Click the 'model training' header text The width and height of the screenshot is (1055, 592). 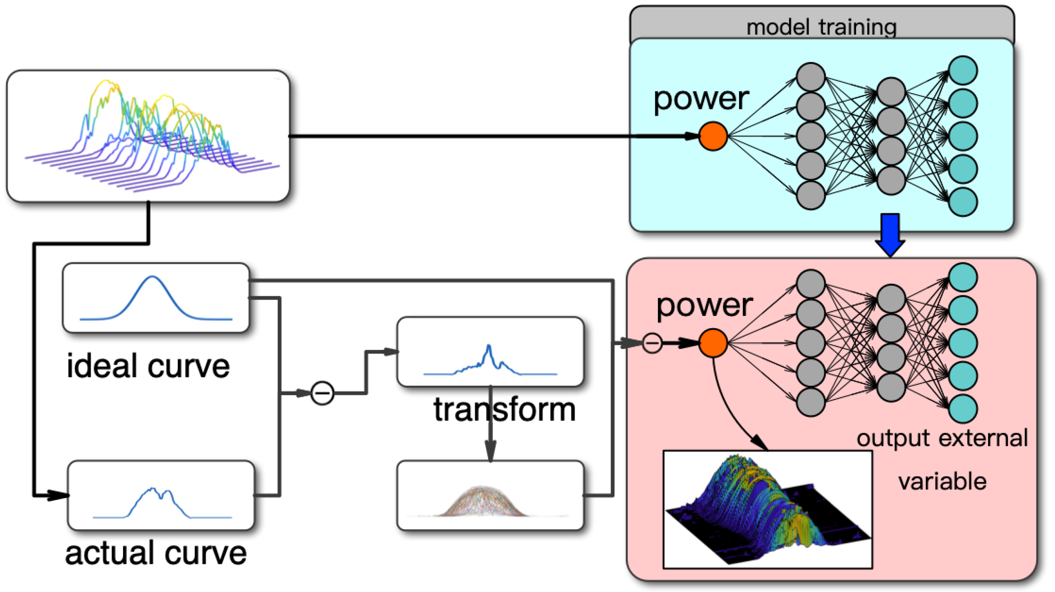coord(821,27)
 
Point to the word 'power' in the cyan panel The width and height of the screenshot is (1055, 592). coord(701,100)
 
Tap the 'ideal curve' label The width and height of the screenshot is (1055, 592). coord(148,366)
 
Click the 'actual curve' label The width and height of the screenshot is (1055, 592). coord(156,553)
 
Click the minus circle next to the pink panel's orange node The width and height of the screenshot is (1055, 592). coord(652,343)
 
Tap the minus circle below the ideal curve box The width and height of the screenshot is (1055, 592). coord(322,393)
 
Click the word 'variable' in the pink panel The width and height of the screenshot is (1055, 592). coord(942,481)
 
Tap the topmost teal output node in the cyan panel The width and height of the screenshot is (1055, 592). coord(963,70)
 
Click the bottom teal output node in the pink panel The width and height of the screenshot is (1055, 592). coord(963,409)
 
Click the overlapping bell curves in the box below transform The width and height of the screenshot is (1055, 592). coord(482,502)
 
